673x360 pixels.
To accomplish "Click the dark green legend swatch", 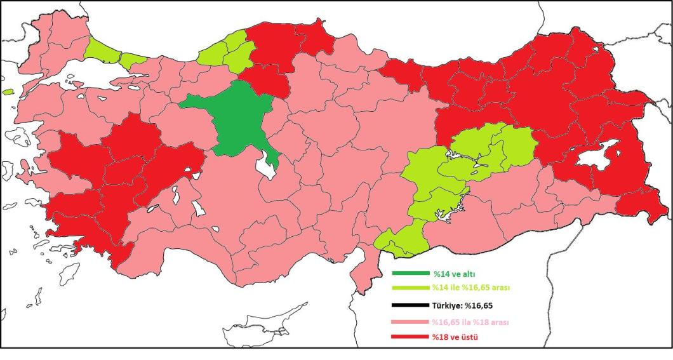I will click(410, 274).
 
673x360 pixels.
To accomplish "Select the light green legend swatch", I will click(410, 288).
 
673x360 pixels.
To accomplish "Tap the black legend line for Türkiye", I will click(410, 305).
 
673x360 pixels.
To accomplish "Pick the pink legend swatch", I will click(410, 323).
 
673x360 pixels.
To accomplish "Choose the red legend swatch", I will click(410, 337).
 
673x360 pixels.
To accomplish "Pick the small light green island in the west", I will click(8, 91).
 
